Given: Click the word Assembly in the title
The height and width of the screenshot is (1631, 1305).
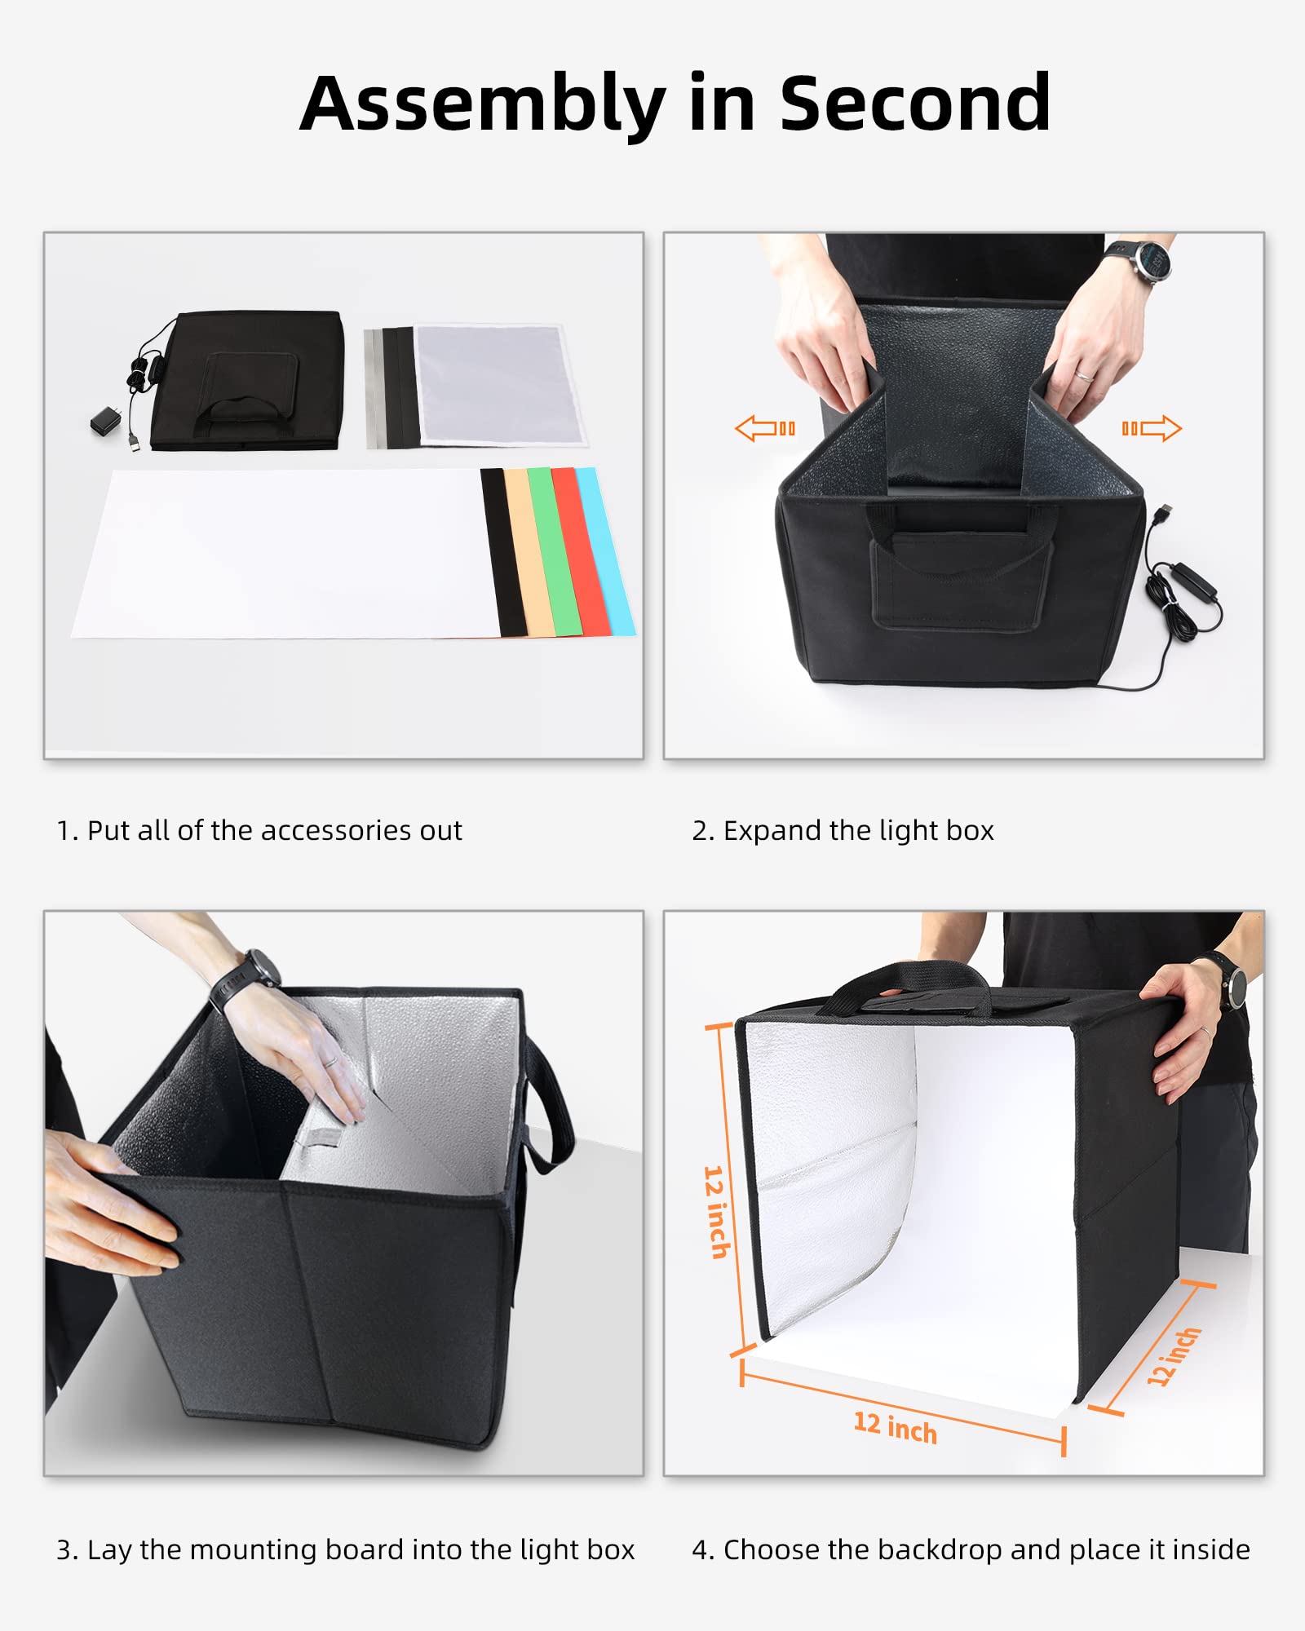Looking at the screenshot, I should pyautogui.click(x=482, y=104).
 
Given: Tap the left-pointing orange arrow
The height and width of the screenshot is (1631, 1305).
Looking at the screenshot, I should pyautogui.click(x=764, y=428).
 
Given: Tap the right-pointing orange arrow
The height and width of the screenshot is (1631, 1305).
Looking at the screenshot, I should pyautogui.click(x=1152, y=428).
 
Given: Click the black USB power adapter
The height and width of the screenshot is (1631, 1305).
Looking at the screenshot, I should pyautogui.click(x=107, y=422).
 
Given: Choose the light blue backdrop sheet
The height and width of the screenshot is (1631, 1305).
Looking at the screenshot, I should pyautogui.click(x=604, y=551).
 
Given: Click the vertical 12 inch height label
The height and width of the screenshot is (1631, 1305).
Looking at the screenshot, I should pyautogui.click(x=716, y=1212).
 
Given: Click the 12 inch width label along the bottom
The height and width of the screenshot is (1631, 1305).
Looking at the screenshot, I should pyautogui.click(x=895, y=1427).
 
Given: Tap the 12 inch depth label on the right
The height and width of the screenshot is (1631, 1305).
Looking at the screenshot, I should pyautogui.click(x=1173, y=1356).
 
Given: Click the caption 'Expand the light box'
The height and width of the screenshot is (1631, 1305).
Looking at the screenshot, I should pyautogui.click(x=858, y=830).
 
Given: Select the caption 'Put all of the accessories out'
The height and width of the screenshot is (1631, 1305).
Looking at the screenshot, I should pyautogui.click(x=274, y=830).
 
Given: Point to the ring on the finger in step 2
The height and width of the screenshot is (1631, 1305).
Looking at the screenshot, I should pyautogui.click(x=1082, y=376).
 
